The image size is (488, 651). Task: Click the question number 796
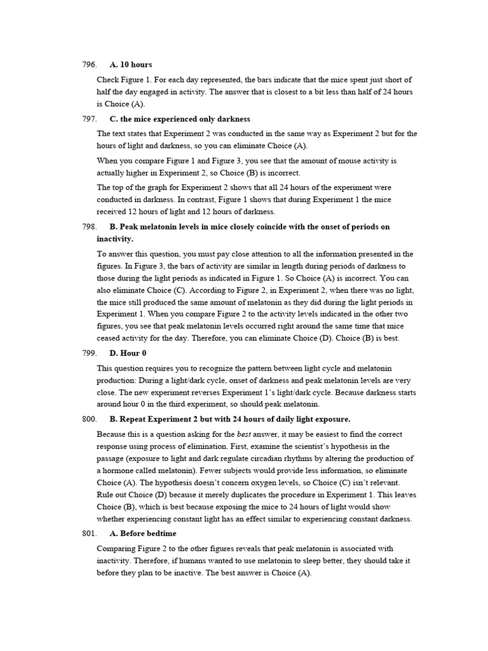[x=89, y=65]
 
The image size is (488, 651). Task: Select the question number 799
[x=89, y=353]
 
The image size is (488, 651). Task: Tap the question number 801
[x=89, y=533]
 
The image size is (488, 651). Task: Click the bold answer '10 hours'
[x=136, y=65]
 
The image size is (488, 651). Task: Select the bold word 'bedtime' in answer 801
[x=161, y=533]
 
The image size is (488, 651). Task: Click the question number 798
[x=89, y=227]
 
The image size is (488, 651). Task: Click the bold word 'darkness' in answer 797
[x=233, y=119]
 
